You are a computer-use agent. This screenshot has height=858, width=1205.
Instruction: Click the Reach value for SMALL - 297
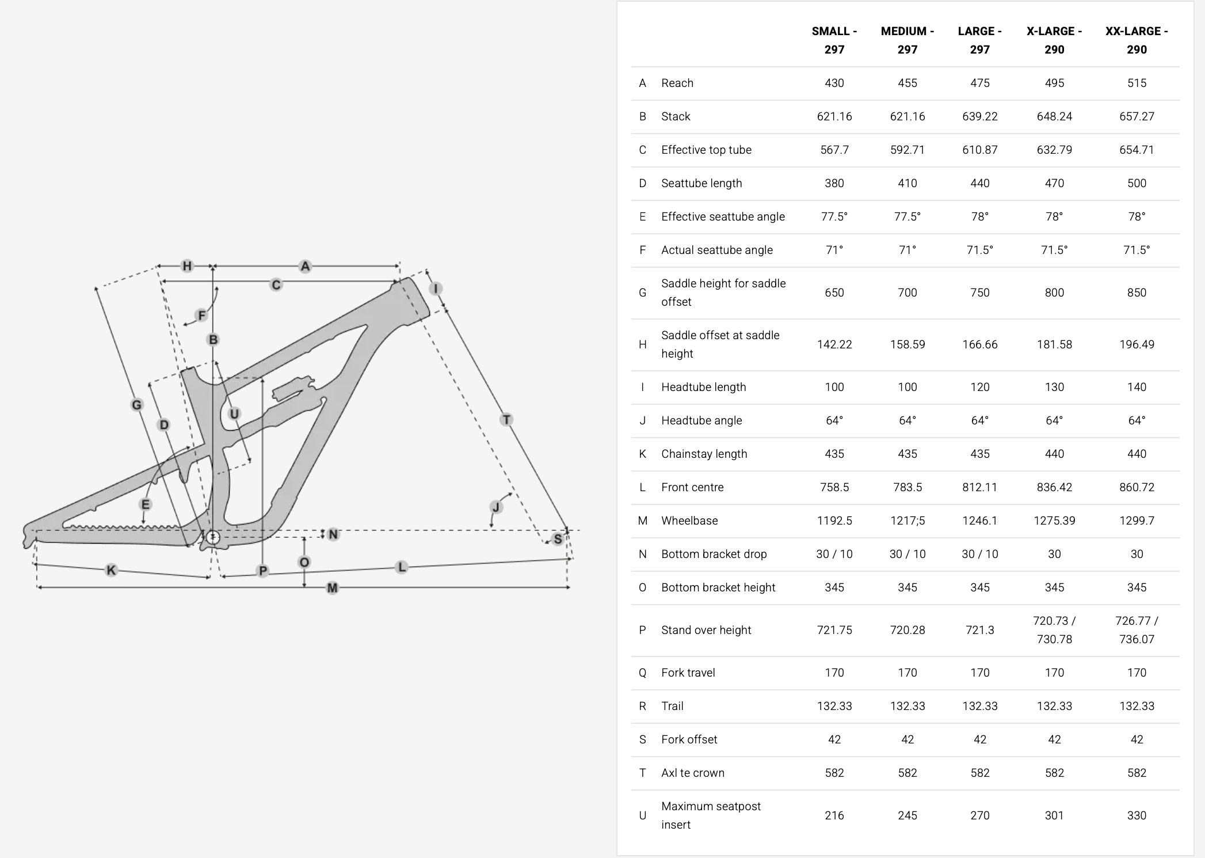click(834, 83)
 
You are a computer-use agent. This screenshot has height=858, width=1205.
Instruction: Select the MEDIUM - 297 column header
click(907, 40)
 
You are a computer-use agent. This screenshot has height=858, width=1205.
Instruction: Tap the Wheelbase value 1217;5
click(907, 521)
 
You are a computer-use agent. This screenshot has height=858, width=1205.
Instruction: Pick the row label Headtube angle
click(701, 420)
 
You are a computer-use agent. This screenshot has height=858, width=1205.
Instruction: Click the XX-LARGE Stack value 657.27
click(1137, 116)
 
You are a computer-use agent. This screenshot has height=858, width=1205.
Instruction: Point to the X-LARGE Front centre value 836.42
click(1054, 487)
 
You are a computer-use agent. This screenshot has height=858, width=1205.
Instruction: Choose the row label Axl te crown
click(693, 773)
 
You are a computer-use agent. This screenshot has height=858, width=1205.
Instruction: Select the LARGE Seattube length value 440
click(979, 183)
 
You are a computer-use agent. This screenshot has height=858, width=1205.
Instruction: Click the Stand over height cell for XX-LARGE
click(1137, 630)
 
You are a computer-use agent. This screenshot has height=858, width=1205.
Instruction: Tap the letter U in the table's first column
click(642, 815)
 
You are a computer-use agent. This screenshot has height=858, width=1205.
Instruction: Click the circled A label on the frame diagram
click(305, 266)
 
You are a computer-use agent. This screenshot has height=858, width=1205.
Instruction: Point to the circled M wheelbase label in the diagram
click(332, 588)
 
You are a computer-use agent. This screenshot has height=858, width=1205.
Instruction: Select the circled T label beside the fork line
click(506, 419)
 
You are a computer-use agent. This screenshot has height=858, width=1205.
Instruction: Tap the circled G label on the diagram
click(136, 405)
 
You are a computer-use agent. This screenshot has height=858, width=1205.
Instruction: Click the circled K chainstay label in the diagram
click(111, 570)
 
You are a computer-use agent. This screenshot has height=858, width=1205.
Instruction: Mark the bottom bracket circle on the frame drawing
click(213, 537)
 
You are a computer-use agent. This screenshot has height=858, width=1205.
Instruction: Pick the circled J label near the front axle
click(496, 507)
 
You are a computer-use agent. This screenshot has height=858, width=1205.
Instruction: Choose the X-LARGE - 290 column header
click(1054, 40)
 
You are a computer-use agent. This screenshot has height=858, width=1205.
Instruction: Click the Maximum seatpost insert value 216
click(834, 815)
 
